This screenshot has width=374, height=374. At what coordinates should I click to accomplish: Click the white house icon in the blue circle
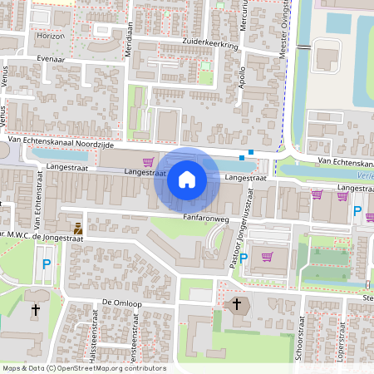click(x=187, y=180)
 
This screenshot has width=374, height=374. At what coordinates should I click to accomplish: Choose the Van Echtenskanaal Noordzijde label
click(x=54, y=142)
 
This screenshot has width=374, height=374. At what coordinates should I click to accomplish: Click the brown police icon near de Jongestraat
click(x=78, y=228)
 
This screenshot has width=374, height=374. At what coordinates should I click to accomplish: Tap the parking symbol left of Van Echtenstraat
click(x=47, y=265)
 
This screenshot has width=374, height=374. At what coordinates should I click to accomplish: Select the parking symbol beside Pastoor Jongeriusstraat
click(x=244, y=258)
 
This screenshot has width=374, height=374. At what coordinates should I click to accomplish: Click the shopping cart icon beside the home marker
click(x=148, y=161)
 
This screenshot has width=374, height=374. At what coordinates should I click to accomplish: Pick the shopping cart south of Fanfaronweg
click(x=267, y=257)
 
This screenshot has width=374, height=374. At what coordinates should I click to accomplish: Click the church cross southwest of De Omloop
click(x=35, y=310)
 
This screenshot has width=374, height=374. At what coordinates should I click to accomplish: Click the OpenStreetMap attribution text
click(x=83, y=368)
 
